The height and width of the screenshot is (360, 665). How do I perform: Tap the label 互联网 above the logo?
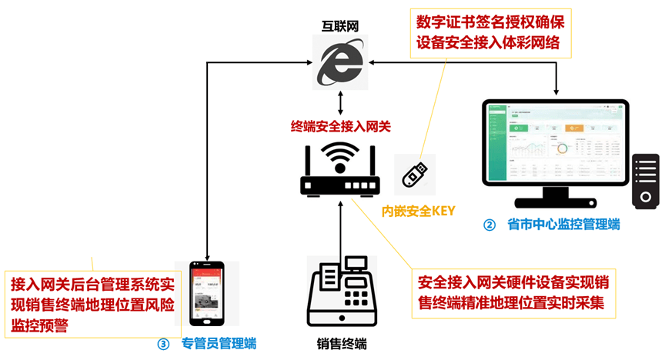[x=340, y=26]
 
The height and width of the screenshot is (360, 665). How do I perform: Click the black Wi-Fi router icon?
[x=339, y=170]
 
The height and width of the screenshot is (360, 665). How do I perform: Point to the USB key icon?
[x=414, y=174]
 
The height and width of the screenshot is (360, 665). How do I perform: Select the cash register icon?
[x=339, y=292]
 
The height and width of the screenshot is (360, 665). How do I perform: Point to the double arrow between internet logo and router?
[x=339, y=102]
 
